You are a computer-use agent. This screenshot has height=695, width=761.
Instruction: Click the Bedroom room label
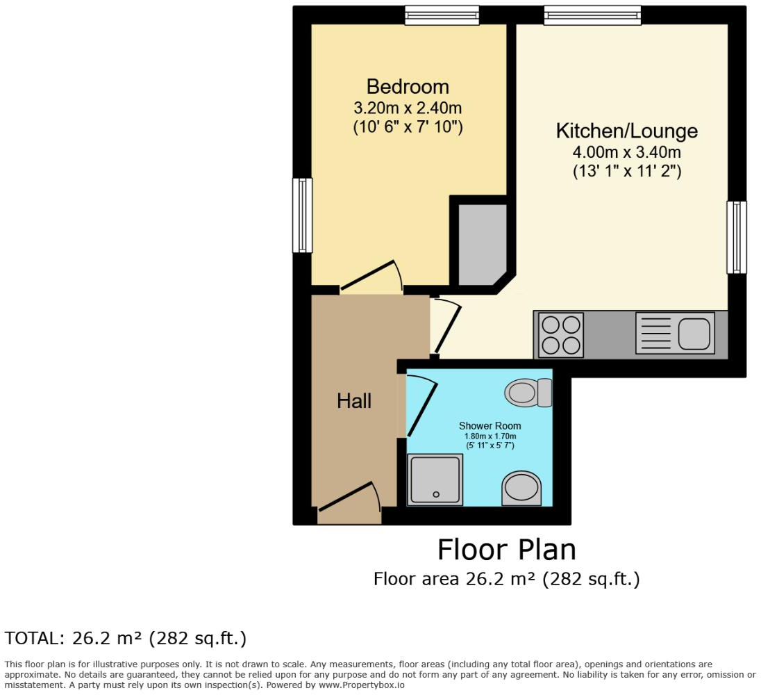point(408,87)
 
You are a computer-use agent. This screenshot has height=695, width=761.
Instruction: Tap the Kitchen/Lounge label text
point(626,131)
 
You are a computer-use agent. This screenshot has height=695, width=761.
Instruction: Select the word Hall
point(354,401)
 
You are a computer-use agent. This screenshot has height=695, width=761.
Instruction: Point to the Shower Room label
point(490,425)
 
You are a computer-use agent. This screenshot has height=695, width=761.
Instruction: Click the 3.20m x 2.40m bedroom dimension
point(408,108)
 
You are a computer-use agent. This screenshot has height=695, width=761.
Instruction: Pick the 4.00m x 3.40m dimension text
point(626,152)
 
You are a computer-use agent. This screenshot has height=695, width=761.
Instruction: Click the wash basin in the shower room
point(522,488)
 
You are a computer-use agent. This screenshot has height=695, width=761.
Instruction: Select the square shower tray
point(435,480)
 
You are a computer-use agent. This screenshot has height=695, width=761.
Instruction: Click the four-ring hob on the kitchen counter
point(560,335)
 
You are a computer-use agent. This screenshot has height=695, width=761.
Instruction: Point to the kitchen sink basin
point(696,334)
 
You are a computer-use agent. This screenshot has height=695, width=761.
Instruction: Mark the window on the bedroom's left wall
point(302,215)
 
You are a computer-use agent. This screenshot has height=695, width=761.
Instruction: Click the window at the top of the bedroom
point(442,15)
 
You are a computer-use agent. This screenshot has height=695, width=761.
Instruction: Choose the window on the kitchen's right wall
point(737,237)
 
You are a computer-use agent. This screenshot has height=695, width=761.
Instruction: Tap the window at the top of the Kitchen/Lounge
point(592,15)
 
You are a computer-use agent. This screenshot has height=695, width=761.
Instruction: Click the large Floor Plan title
point(506,550)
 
